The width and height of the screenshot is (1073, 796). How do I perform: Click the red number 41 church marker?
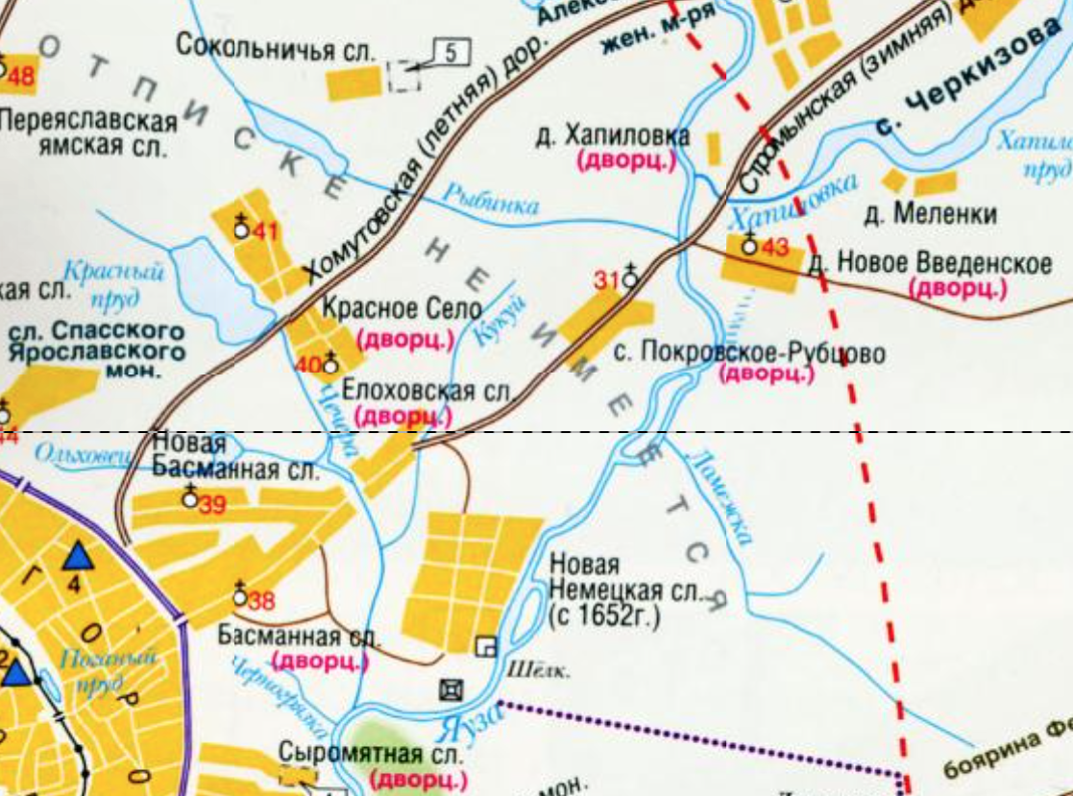(265, 231)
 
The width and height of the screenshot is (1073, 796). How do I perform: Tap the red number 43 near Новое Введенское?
(774, 247)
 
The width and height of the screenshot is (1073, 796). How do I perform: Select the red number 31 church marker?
(606, 280)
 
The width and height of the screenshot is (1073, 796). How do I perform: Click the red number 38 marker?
(261, 602)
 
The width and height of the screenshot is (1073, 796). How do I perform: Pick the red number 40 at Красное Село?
(308, 365)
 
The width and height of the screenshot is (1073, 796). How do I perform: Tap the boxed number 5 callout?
(451, 52)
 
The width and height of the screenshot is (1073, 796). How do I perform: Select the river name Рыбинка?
(490, 198)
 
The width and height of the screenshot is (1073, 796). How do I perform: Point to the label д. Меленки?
(929, 213)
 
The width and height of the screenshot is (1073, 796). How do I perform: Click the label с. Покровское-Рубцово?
(749, 352)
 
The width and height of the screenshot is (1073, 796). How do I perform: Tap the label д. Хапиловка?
(613, 136)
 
